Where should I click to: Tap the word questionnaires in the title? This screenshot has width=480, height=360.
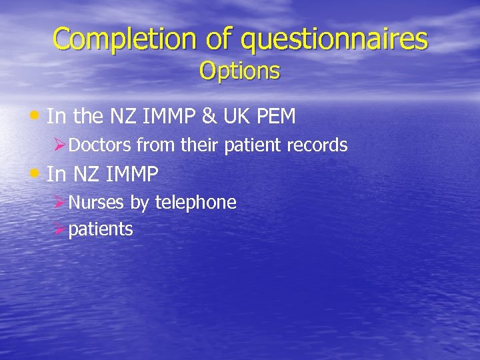tap(334, 40)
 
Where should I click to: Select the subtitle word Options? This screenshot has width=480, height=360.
tap(239, 71)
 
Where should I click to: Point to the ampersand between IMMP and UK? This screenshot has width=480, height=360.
tap(209, 117)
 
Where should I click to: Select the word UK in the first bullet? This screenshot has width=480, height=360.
tap(236, 117)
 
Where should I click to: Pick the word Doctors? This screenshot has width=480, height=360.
tap(100, 145)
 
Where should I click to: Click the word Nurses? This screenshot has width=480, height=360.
tap(97, 202)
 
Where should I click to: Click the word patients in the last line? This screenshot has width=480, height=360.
tap(101, 230)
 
